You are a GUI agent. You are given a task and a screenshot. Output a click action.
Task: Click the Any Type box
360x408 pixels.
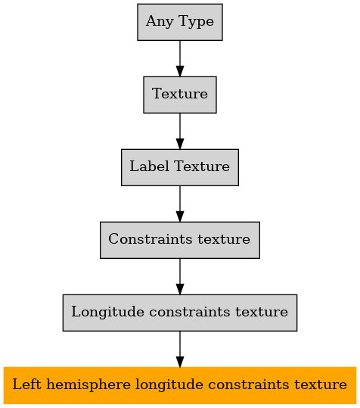180,22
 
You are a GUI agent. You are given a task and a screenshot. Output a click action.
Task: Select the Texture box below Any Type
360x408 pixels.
180,95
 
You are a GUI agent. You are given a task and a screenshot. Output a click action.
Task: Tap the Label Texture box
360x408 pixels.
180,167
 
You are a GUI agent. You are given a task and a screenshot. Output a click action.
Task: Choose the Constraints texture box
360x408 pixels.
180,240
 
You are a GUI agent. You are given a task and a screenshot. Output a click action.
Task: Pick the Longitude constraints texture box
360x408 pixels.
180,313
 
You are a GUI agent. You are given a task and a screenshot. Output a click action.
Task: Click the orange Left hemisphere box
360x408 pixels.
180,385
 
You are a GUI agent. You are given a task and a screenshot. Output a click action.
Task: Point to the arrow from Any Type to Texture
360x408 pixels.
180,58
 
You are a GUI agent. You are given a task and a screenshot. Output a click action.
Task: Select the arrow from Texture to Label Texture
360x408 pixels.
180,131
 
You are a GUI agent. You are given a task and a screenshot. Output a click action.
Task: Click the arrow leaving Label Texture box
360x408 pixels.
180,204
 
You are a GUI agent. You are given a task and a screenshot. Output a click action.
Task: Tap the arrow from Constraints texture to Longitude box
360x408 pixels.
180,276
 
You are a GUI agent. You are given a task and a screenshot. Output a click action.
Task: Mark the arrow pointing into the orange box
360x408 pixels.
180,349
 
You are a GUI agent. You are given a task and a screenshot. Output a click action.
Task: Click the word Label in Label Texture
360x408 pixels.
149,167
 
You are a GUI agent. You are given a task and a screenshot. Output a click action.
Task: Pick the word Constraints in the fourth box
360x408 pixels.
151,239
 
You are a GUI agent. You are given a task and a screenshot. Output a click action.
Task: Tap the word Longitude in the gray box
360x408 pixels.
107,312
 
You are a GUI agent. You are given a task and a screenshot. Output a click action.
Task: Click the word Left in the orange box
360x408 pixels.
26,385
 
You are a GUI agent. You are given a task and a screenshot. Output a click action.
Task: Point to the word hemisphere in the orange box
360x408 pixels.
88,385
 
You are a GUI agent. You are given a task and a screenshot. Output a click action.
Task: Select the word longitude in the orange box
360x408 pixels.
169,385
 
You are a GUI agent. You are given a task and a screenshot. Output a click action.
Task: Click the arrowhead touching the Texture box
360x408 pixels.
180,71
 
